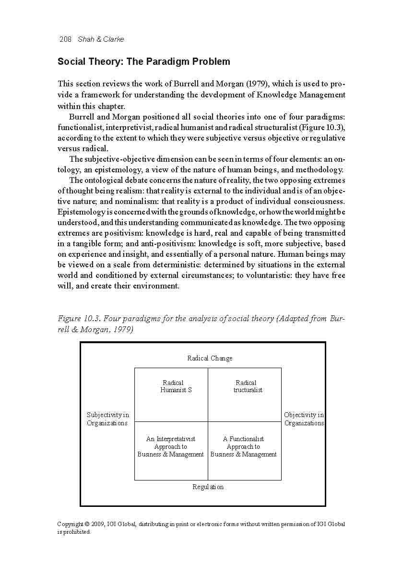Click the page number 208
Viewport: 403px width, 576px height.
65,39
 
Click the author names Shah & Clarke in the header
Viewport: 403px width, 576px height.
101,39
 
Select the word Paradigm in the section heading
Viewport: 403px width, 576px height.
171,62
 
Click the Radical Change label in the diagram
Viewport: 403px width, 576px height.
210,358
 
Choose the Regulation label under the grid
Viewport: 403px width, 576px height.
208,487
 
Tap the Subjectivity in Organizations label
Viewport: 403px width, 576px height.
107,419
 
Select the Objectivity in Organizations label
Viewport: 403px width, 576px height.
304,419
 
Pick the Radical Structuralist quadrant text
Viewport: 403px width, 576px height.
247,386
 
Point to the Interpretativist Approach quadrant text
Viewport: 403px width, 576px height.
171,446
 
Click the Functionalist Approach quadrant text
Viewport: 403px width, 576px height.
244,446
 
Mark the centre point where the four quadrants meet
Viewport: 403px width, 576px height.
208,421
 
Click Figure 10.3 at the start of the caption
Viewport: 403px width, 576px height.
78,319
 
